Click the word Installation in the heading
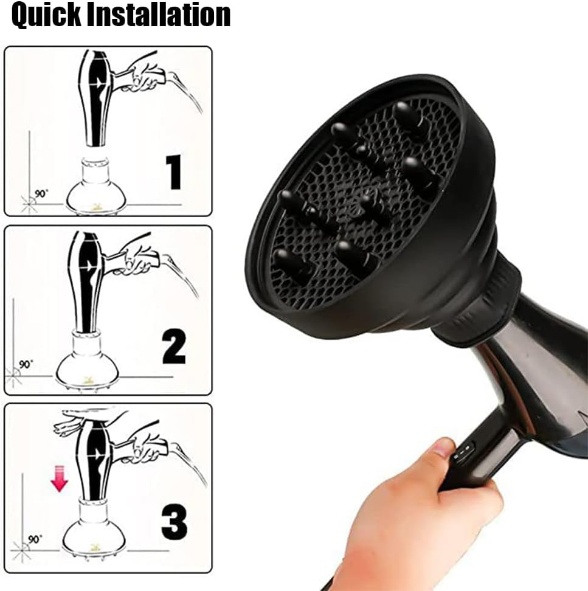(159, 15)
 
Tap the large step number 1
(174, 172)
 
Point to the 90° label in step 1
(42, 193)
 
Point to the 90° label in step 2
(26, 364)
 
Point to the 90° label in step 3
(35, 539)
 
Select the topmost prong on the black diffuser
(404, 113)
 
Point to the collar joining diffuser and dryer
(480, 304)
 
